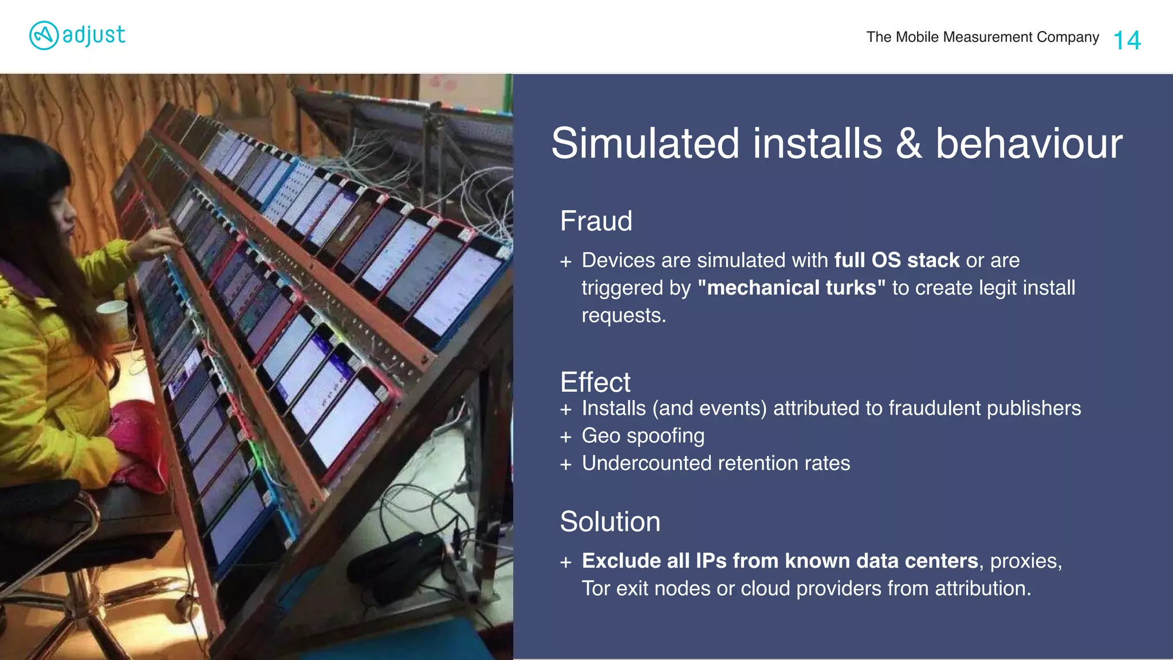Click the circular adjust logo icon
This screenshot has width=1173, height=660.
(44, 36)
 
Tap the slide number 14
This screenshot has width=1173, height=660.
(1127, 40)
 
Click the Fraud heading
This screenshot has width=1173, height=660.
(596, 221)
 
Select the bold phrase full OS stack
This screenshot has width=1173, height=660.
(896, 260)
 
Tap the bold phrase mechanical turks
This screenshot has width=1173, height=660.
(791, 288)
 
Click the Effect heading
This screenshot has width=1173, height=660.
(595, 382)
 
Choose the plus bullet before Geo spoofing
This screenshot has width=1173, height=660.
(566, 437)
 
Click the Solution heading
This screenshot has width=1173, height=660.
(610, 521)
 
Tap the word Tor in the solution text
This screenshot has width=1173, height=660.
(596, 588)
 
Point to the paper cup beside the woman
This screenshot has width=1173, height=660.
(113, 318)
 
